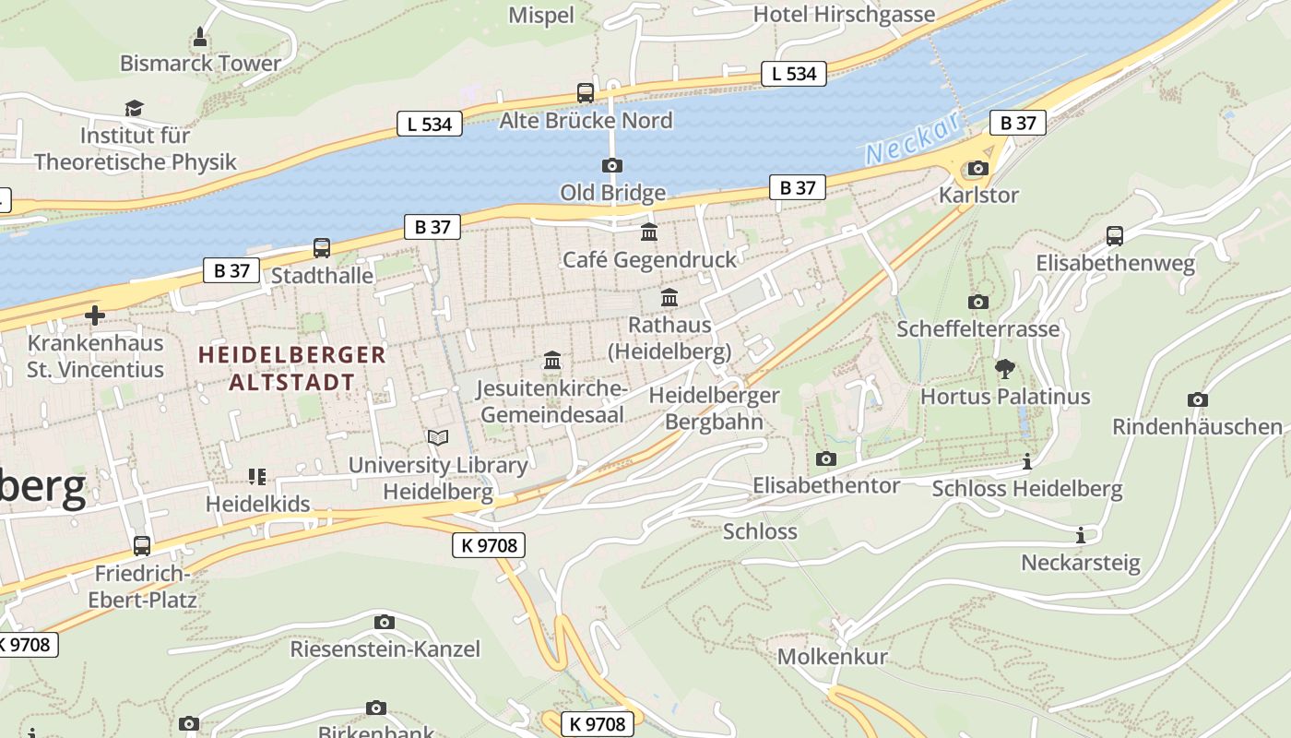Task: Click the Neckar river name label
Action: (913, 139)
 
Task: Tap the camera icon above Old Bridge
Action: (611, 165)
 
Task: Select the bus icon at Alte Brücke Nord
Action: (585, 92)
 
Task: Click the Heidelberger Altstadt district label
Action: (291, 368)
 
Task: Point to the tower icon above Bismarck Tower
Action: (200, 37)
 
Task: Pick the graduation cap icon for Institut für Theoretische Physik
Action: (135, 108)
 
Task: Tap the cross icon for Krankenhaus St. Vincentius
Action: (94, 315)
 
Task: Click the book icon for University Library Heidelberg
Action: (438, 437)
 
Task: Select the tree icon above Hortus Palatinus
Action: (1005, 369)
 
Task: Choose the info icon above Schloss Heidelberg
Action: (1027, 461)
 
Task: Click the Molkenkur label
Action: (832, 657)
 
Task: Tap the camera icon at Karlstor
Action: (977, 168)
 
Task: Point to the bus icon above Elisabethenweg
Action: (1115, 235)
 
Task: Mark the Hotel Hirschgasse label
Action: (844, 15)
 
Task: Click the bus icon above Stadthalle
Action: (321, 247)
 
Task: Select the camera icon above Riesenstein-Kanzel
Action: (385, 622)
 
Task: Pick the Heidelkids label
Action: (257, 505)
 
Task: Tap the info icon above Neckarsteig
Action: (1081, 535)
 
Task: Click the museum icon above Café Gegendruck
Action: (649, 232)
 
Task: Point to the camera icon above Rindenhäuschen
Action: (1197, 399)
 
